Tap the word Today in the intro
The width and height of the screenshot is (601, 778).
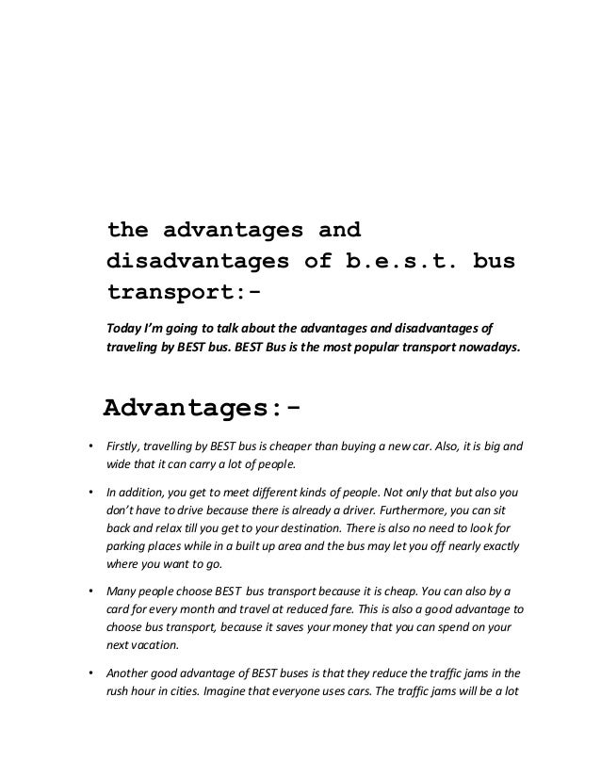(125, 328)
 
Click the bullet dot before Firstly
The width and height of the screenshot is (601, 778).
(89, 446)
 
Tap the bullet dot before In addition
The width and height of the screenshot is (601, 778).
(89, 493)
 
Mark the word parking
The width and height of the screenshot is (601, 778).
(128, 546)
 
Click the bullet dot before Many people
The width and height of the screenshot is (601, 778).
(89, 592)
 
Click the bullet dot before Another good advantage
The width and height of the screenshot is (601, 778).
(89, 674)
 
